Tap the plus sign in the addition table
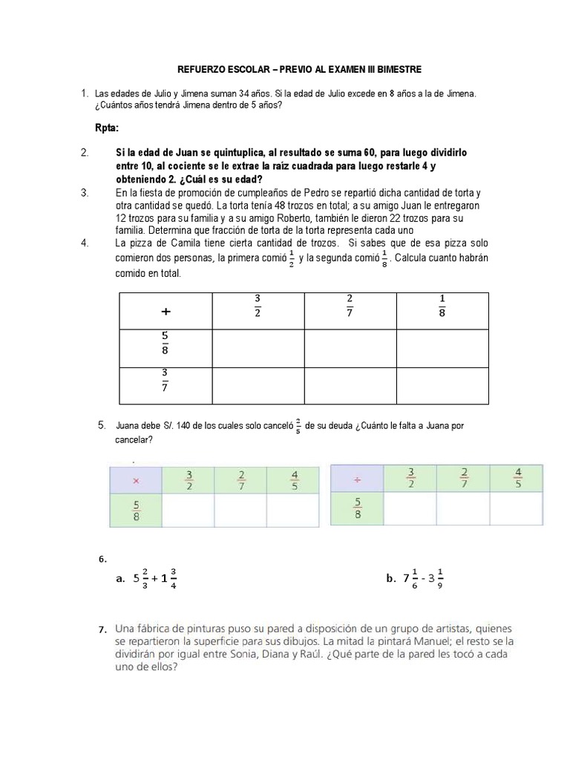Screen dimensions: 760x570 pyautogui.click(x=166, y=312)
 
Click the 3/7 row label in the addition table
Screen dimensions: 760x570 pyautogui.click(x=165, y=384)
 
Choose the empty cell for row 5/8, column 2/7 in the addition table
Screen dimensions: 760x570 pyautogui.click(x=350, y=348)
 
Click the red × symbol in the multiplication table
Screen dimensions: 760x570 pyautogui.click(x=135, y=481)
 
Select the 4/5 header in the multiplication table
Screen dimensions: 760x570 pyautogui.click(x=295, y=479)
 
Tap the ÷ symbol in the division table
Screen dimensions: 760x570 pyautogui.click(x=357, y=481)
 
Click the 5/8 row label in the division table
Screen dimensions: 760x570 pyautogui.click(x=357, y=509)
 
